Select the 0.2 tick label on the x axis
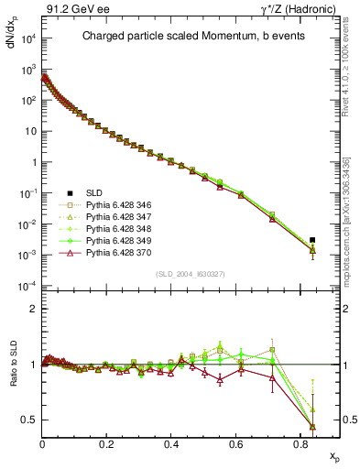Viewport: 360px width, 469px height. click(x=107, y=443)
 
